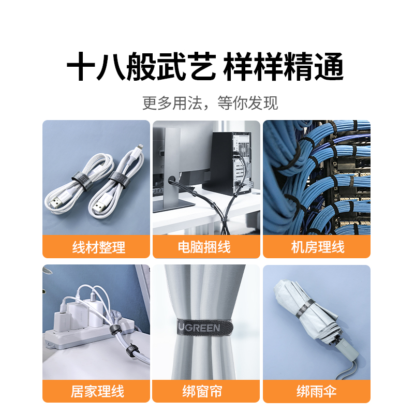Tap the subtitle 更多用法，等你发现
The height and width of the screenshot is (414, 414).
(x=210, y=102)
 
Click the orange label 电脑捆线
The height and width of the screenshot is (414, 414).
(x=206, y=247)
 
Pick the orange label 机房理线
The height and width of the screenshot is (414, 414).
(x=317, y=247)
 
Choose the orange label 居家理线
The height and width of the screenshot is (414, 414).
(x=96, y=391)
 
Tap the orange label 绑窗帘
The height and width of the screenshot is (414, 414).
(x=206, y=391)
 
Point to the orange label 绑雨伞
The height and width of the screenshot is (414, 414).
(x=317, y=391)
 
